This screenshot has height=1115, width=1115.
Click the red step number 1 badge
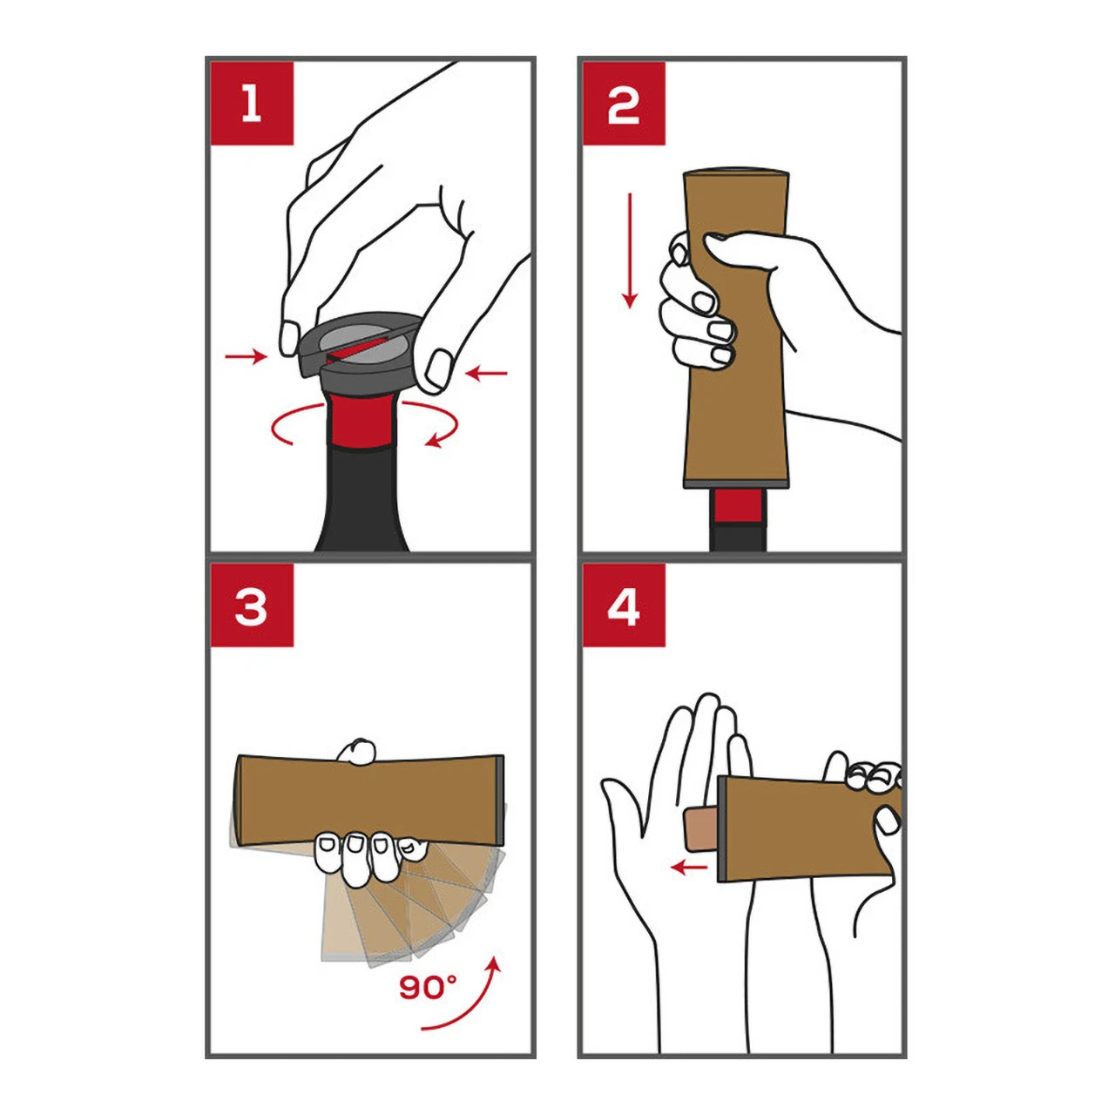(252, 103)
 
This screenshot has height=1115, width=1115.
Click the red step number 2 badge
(624, 103)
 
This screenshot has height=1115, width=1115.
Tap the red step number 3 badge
(252, 605)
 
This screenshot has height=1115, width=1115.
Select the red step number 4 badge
(624, 605)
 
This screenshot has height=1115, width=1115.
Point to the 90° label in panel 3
(428, 987)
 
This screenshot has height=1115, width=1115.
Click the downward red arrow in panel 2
(630, 250)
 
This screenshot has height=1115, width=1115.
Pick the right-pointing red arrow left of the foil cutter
(247, 357)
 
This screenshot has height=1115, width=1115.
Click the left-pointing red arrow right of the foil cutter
(486, 373)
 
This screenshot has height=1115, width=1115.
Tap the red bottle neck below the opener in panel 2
(738, 506)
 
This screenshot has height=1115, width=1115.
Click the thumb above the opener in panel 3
(357, 753)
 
